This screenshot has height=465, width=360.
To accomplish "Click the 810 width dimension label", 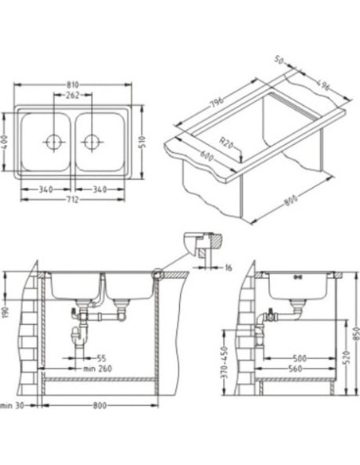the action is [72, 85].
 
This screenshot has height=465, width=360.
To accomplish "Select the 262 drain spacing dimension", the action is [72, 96].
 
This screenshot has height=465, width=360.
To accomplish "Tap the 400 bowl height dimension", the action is [5, 143].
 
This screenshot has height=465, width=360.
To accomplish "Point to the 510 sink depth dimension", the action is [142, 143].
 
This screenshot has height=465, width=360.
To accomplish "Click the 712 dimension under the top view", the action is [72, 200].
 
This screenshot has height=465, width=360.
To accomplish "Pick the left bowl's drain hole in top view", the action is [53, 142].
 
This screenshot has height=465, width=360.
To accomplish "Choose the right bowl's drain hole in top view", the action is [91, 142].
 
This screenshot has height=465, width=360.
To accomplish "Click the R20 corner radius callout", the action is [226, 143].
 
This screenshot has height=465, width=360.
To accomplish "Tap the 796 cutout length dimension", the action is [217, 102].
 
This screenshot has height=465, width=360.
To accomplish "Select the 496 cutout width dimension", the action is [322, 85].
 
